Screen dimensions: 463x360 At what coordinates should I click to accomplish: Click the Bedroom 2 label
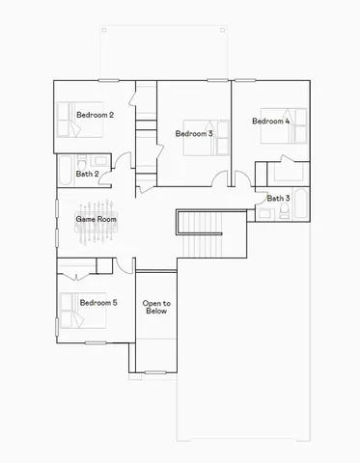96,116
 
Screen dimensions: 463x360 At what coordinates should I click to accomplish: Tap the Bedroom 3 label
194,133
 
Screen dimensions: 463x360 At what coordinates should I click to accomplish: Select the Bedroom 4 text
270,122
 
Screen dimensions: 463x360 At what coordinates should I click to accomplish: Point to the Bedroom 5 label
97,303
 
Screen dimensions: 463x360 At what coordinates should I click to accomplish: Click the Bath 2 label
87,175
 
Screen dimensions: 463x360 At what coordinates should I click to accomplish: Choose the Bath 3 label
278,199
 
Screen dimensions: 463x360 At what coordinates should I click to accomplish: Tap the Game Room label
97,220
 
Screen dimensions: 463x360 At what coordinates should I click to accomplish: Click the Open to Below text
155,307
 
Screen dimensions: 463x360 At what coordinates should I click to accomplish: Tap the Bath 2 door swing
120,162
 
